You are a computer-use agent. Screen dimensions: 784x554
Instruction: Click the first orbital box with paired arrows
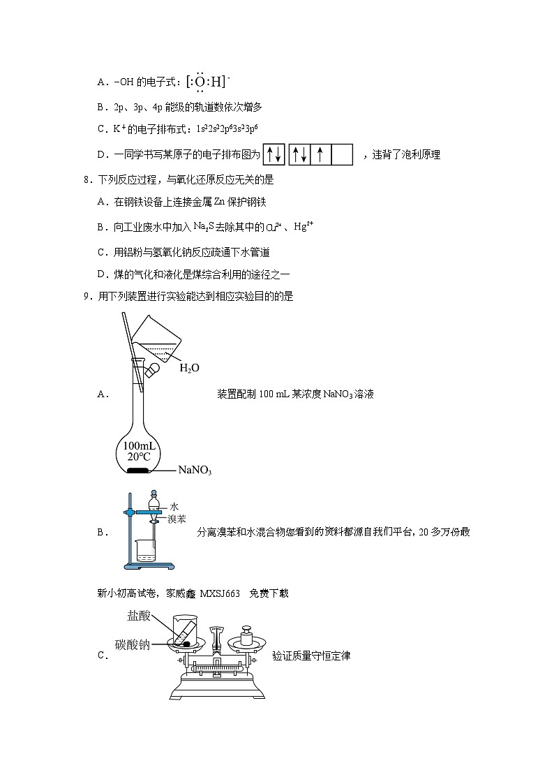coord(274,154)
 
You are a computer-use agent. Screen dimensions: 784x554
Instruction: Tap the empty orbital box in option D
coord(342,154)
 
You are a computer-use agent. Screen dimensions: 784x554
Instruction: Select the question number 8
coord(86,179)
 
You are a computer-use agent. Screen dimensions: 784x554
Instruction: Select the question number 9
coord(86,297)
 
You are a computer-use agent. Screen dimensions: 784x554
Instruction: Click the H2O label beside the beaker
coord(189,368)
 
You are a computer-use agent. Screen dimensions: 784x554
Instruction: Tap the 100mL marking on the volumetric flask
coord(140,445)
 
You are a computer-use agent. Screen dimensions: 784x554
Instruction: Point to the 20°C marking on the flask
coord(140,457)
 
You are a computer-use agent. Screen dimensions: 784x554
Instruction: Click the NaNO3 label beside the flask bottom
coord(195,471)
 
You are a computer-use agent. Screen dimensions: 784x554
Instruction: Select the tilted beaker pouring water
coord(157,339)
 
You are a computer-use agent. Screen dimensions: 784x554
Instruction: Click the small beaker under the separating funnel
coord(146,550)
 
